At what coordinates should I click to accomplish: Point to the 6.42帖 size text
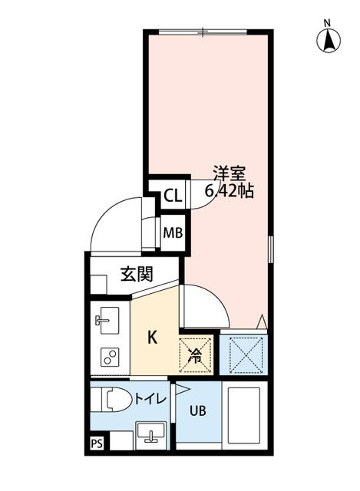click(x=229, y=191)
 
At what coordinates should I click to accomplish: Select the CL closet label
click(x=172, y=196)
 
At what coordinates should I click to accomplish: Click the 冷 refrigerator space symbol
click(x=195, y=354)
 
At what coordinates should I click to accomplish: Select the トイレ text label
click(x=147, y=399)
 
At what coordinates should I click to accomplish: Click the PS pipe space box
click(x=97, y=443)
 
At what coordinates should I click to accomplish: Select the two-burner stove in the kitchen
click(x=109, y=356)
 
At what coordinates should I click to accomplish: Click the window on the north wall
click(x=203, y=31)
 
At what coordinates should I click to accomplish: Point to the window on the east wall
click(x=270, y=250)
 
